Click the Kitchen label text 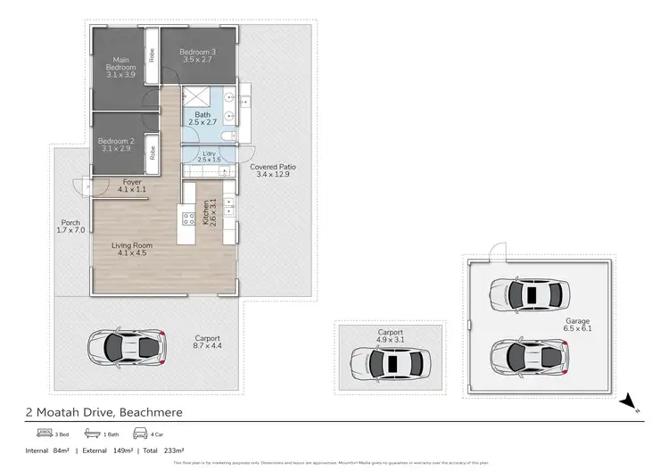click(x=209, y=212)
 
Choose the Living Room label click(x=132, y=249)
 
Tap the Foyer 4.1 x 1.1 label click(x=132, y=186)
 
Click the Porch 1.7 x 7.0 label click(x=70, y=227)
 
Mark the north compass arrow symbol click(x=630, y=400)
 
